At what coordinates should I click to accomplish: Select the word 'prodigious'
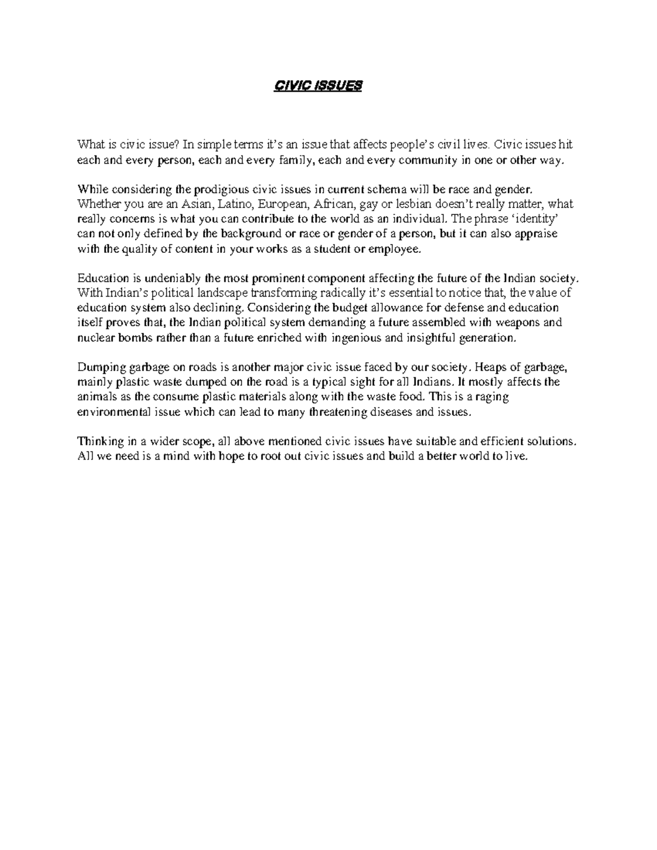pos(216,190)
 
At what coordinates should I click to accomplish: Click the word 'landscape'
pos(216,293)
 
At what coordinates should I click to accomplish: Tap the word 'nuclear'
pos(94,338)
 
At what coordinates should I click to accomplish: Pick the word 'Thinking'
pos(97,441)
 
